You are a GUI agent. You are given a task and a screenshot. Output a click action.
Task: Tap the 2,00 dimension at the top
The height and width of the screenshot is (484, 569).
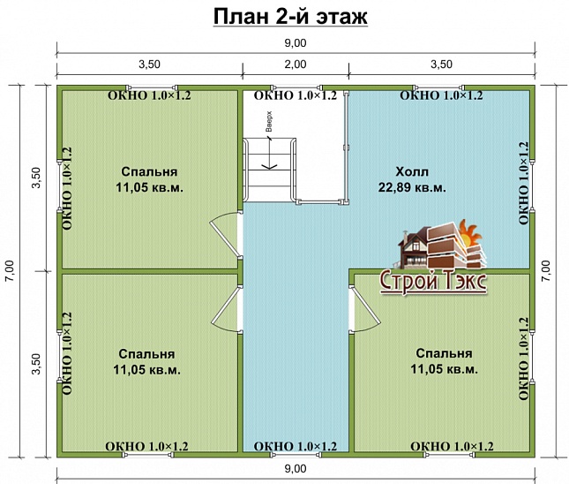295,64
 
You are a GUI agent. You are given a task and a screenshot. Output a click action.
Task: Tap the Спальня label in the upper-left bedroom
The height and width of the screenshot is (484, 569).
147,172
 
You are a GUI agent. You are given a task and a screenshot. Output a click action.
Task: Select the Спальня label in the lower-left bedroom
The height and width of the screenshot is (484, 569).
147,354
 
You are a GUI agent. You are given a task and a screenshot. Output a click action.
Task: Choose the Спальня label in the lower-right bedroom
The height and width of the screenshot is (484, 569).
445,353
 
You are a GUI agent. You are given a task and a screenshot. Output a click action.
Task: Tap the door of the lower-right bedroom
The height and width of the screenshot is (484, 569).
363,310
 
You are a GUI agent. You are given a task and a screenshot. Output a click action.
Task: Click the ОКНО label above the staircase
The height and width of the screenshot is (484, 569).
295,95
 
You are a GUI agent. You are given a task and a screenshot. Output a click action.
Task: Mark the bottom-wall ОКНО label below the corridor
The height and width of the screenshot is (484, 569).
295,447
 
